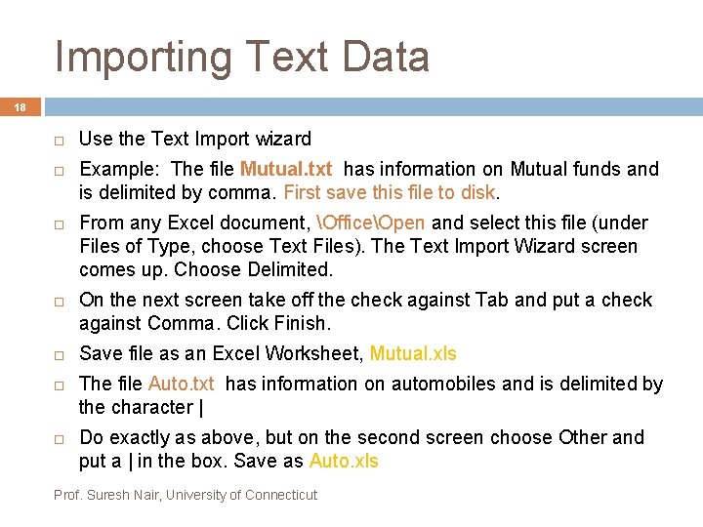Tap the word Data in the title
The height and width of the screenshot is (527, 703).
385,57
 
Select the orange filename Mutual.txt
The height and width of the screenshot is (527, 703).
286,169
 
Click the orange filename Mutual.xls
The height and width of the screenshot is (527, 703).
413,353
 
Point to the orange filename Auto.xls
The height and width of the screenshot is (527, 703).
344,461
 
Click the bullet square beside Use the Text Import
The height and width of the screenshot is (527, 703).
59,140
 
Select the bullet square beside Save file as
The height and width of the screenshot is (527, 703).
59,354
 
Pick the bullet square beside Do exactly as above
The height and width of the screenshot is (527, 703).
59,438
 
